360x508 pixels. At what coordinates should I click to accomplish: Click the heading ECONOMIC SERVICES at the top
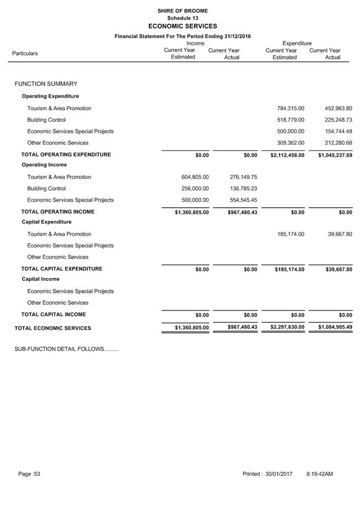[x=182, y=26]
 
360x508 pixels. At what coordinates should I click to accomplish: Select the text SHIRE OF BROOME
[x=182, y=10]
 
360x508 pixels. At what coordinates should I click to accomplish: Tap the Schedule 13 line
[x=182, y=18]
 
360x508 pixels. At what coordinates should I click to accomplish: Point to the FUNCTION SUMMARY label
[x=46, y=84]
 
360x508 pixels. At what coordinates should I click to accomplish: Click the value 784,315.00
[x=291, y=109]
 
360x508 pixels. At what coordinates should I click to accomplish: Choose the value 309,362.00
[x=291, y=143]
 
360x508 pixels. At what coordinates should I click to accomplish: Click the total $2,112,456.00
[x=287, y=155]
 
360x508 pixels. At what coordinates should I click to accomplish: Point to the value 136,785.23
[x=243, y=189]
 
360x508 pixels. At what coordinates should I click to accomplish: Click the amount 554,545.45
[x=243, y=201]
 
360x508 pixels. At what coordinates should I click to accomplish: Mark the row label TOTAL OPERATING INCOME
[x=58, y=212]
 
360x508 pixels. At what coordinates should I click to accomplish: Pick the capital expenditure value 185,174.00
[x=291, y=235]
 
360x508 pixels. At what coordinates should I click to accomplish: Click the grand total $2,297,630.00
[x=287, y=327]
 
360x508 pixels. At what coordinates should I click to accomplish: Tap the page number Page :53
[x=29, y=474]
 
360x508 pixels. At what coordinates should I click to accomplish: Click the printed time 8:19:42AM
[x=319, y=474]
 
